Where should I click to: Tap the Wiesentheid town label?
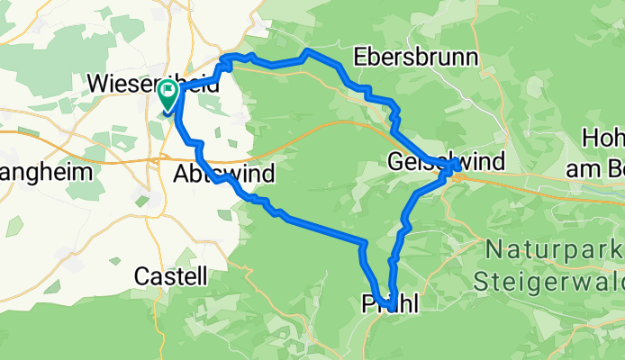(x=144, y=83)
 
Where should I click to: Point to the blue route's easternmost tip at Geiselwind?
(x=459, y=166)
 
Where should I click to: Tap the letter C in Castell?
(x=140, y=276)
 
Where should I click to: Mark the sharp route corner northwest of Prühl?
(x=365, y=243)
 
